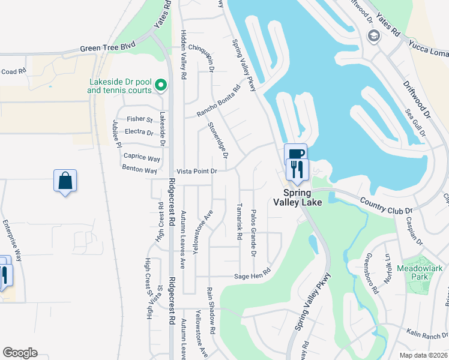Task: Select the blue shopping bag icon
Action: [x=65, y=181]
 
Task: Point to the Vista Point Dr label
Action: [x=196, y=171]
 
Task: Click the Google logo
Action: [x=20, y=353]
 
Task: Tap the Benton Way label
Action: [x=140, y=170]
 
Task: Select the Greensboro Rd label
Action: [x=371, y=274]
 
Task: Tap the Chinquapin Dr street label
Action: [x=202, y=57]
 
